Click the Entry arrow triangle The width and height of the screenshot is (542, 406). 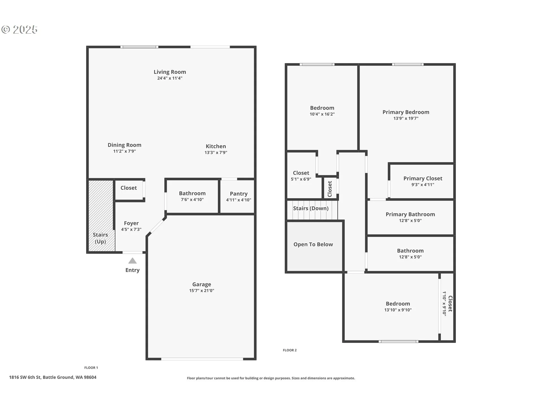(x=132, y=261)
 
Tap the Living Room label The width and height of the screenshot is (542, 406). (x=170, y=72)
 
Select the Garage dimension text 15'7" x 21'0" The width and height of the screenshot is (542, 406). (x=202, y=291)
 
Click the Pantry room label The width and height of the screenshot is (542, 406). (x=239, y=194)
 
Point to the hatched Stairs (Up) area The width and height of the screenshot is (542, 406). (x=102, y=216)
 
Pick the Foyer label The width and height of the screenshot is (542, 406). (x=131, y=223)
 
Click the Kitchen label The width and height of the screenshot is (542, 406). (x=216, y=146)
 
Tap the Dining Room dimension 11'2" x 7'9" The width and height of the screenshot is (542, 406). (x=124, y=151)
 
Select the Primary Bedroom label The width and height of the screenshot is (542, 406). (x=406, y=112)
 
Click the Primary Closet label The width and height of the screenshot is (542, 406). (x=423, y=178)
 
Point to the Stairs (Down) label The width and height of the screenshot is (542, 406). (x=311, y=208)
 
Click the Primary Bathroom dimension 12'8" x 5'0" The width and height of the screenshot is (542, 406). (x=410, y=221)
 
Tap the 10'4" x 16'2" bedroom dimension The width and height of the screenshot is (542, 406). (x=322, y=114)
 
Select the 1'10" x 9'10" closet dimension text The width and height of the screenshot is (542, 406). (x=444, y=303)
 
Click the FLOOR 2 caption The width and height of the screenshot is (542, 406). (x=290, y=350)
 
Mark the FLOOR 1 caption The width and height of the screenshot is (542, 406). (x=91, y=368)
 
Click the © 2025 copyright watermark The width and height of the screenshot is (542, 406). (x=19, y=30)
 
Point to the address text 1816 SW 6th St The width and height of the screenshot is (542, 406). (x=25, y=377)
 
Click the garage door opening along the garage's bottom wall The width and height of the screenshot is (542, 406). (x=202, y=359)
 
